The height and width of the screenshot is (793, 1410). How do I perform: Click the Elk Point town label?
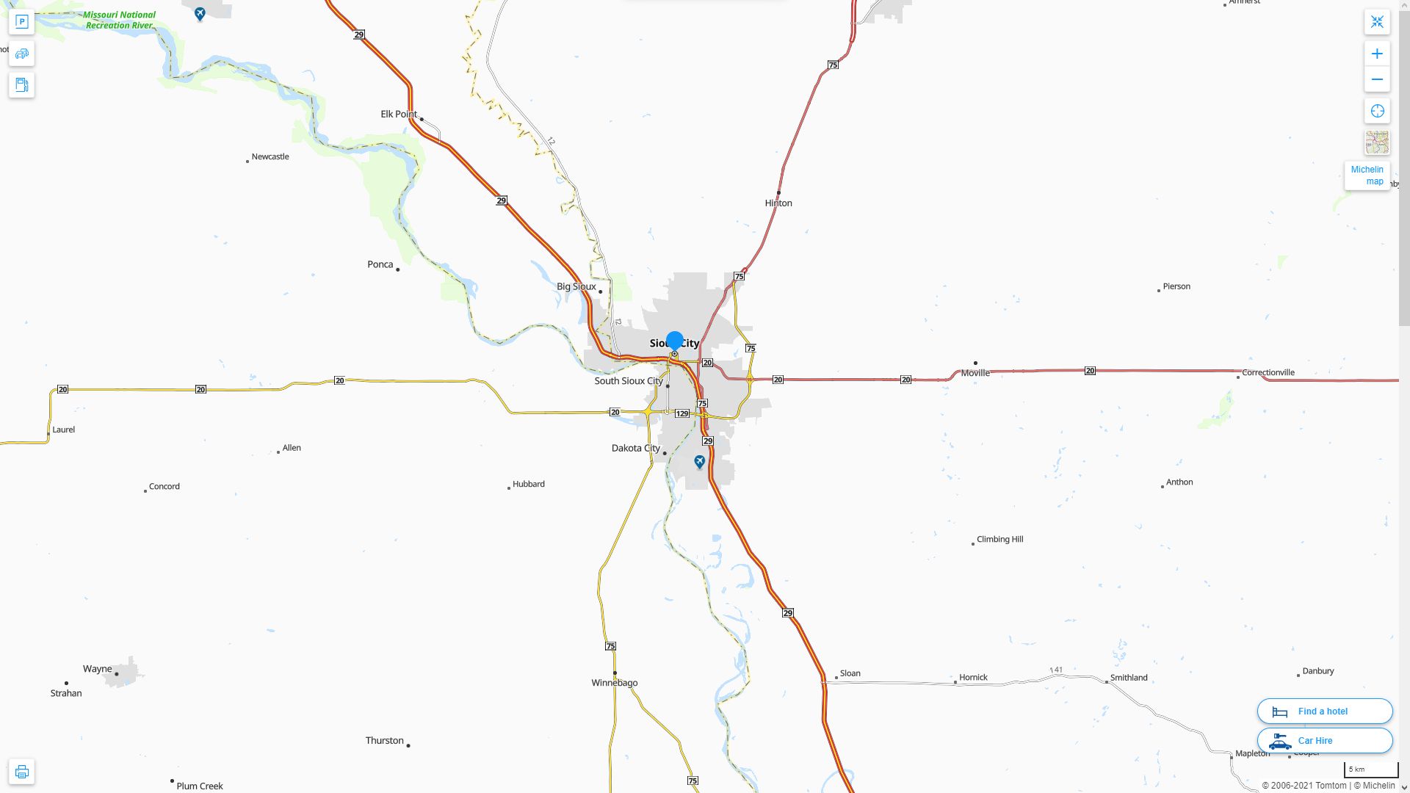[x=399, y=115]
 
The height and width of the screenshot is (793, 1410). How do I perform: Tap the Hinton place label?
[x=778, y=203]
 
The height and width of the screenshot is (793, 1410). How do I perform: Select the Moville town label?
[x=975, y=373]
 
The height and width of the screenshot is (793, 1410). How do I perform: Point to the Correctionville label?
[x=1268, y=372]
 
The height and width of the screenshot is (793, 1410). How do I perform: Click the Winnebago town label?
[x=615, y=683]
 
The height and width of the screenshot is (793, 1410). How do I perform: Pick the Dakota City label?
[x=635, y=448]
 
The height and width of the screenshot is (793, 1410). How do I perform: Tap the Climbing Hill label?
[x=999, y=539]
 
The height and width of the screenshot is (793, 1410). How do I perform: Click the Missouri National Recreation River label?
[x=119, y=20]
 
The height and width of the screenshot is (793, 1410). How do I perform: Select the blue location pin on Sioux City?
[x=674, y=341]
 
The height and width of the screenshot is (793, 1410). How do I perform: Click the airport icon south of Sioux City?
[x=699, y=461]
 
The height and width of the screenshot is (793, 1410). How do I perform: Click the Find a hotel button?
[x=1324, y=711]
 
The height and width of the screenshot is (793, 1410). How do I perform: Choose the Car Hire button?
[x=1324, y=741]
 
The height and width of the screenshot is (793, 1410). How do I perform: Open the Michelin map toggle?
[x=1367, y=175]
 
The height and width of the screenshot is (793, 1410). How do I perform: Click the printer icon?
[x=21, y=772]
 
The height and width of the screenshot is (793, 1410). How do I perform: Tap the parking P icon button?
[x=21, y=22]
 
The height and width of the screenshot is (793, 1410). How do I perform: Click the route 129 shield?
[x=682, y=414]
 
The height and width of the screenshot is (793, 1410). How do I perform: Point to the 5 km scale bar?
[x=1370, y=770]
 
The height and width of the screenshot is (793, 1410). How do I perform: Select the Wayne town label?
[x=97, y=669]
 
